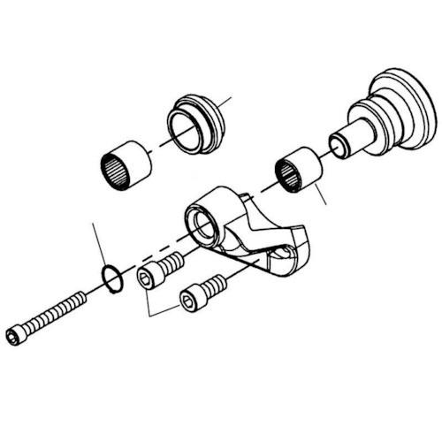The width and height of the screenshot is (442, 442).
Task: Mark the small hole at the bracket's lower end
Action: coord(281,257)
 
